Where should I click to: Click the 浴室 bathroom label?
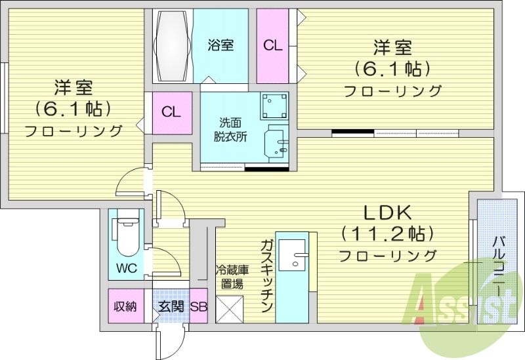tap(220, 46)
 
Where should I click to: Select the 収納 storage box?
tap(125, 306)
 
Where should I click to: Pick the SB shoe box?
tap(199, 306)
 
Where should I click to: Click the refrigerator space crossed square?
tap(229, 308)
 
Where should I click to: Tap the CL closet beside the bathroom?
tap(272, 46)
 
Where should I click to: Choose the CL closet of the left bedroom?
tap(171, 112)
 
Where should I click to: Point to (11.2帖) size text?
tap(388, 233)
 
